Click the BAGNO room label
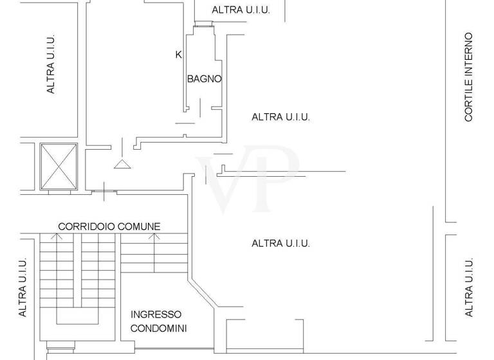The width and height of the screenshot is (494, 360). pos(204,79)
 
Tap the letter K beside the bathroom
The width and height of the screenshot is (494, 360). pos(178,55)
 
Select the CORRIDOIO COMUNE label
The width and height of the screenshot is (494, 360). pos(109,226)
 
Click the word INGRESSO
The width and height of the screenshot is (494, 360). pos(156,315)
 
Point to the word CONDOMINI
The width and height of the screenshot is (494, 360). pos(158,328)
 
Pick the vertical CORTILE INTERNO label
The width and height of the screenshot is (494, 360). pos(469,77)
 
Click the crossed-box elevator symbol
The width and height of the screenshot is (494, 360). pos(59,166)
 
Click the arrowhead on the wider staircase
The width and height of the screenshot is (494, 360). pos(154,237)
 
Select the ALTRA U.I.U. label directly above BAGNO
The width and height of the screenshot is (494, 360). pos(241,10)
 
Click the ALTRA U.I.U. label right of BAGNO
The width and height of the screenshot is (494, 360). pos(280,117)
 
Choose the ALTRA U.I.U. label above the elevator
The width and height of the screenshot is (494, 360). pos(51,64)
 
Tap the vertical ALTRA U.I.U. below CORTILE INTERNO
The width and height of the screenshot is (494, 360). pos(469,287)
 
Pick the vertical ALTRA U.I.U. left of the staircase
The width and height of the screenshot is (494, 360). pos(23,287)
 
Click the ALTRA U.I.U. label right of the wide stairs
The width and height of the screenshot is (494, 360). pos(280,243)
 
